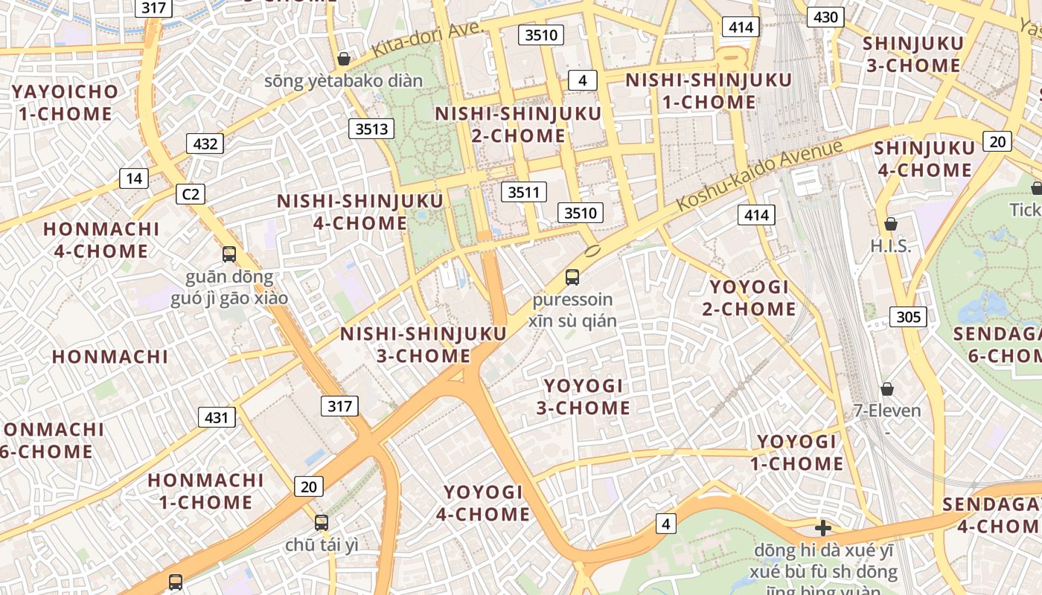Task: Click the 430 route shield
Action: click(x=825, y=17)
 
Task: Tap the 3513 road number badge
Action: click(x=371, y=129)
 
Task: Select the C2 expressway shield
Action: click(x=191, y=194)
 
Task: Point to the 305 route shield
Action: click(x=908, y=317)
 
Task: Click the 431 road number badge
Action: click(x=217, y=417)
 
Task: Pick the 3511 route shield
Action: click(x=523, y=193)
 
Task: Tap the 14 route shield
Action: click(x=134, y=178)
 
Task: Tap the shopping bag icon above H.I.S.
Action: click(x=890, y=224)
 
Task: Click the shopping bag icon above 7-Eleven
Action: click(x=886, y=389)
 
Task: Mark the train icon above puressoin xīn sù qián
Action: click(x=572, y=277)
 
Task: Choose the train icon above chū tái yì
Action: click(x=322, y=523)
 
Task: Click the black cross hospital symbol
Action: click(x=822, y=528)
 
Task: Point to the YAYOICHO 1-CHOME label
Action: click(x=65, y=103)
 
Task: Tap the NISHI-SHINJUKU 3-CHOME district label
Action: click(x=423, y=344)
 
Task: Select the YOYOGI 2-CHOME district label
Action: click(x=749, y=297)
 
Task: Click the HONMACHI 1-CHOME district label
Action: click(x=205, y=491)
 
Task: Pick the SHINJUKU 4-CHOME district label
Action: click(x=923, y=158)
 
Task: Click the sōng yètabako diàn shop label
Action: click(x=343, y=81)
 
